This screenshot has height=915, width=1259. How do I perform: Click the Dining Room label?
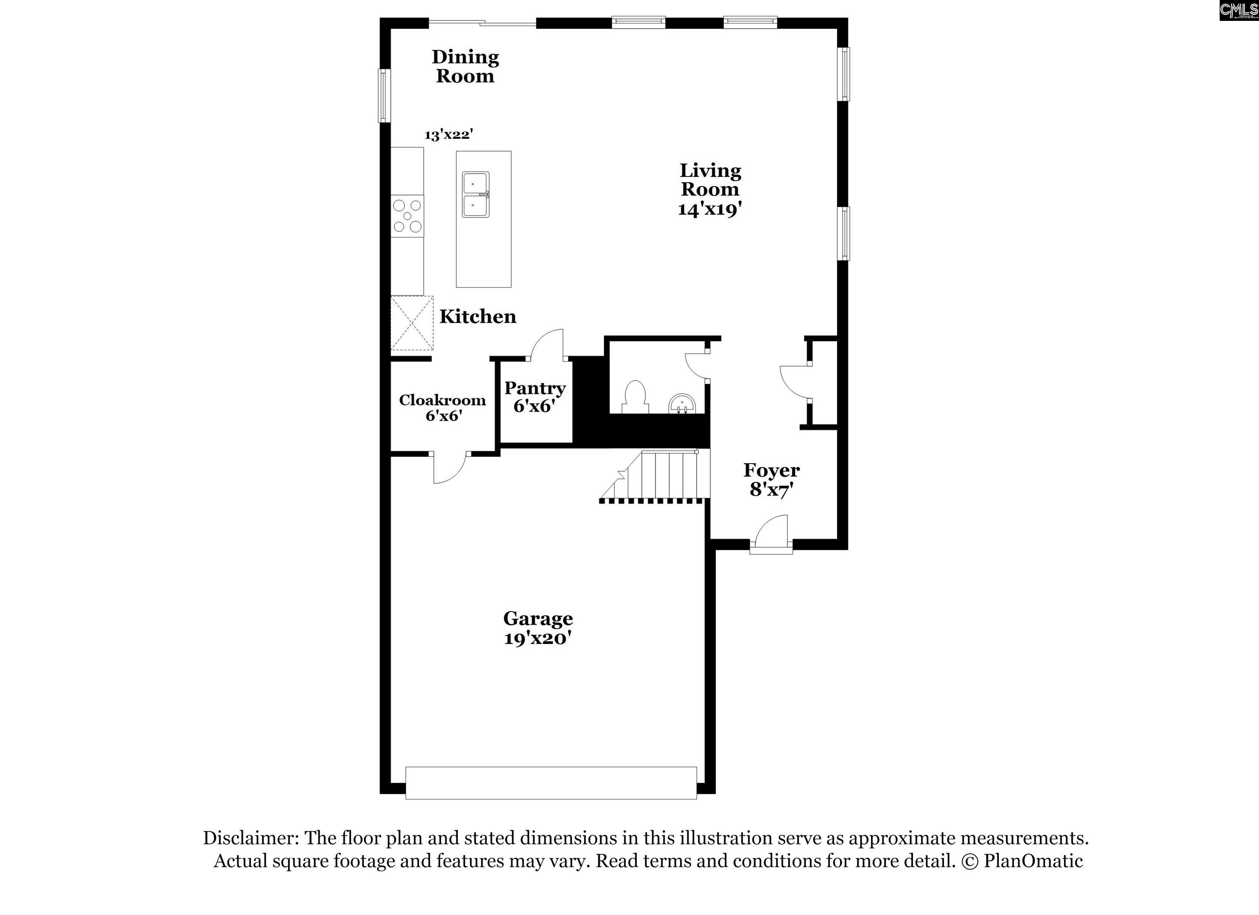pos(465,66)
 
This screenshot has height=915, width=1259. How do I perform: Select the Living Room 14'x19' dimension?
pos(710,209)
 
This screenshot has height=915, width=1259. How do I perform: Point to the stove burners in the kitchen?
pos(407,216)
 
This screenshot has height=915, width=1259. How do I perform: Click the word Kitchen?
pos(478,316)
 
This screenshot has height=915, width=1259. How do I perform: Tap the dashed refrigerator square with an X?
pos(412,323)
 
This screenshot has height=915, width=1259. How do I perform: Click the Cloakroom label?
pos(443,400)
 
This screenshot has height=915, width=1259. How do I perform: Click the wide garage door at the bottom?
pos(551,783)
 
